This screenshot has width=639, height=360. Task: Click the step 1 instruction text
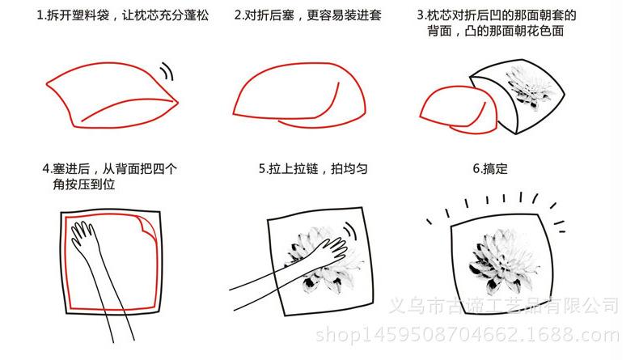(x=123, y=15)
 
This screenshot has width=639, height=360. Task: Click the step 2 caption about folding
(x=307, y=15)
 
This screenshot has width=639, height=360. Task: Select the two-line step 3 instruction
(x=496, y=23)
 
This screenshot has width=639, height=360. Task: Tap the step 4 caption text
(x=109, y=176)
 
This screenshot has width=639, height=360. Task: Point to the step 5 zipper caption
(x=313, y=168)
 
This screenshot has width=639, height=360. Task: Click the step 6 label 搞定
(x=490, y=168)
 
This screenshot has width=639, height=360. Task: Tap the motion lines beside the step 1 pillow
(x=167, y=71)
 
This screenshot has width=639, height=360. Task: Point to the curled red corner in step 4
(x=147, y=227)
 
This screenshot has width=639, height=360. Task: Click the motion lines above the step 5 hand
(x=350, y=231)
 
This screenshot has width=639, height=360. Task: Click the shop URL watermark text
(x=467, y=335)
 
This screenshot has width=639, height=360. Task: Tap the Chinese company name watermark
(x=504, y=305)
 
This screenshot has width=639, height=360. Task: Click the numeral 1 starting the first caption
(x=40, y=15)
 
